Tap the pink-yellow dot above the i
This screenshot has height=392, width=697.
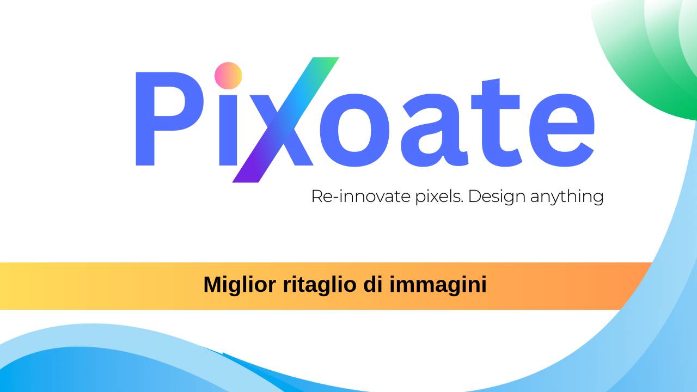pyautogui.click(x=228, y=76)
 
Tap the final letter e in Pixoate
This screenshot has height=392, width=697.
pyautogui.click(x=561, y=131)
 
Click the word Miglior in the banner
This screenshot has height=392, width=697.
pyautogui.click(x=240, y=285)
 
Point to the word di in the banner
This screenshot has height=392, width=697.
pyautogui.click(x=373, y=284)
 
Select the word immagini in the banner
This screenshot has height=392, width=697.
pyautogui.click(x=438, y=285)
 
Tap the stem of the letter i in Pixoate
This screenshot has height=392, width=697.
pyautogui.click(x=229, y=131)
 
